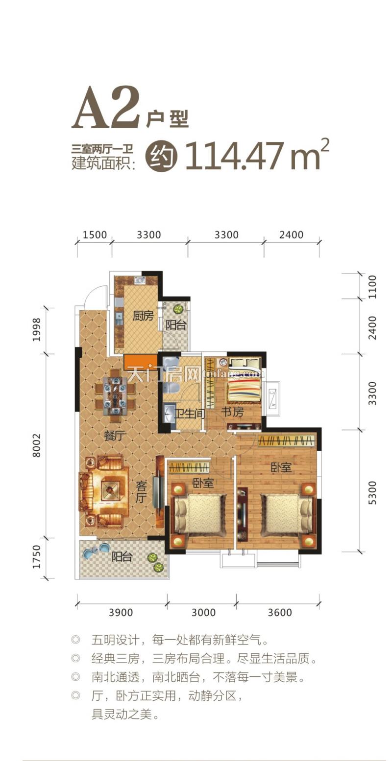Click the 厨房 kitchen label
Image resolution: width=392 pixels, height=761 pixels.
pyautogui.click(x=143, y=316)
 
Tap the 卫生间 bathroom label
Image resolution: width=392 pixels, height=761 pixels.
pyautogui.click(x=190, y=414)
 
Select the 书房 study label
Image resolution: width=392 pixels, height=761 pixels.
pyautogui.click(x=232, y=412)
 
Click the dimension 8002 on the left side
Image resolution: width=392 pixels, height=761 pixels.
pyautogui.click(x=37, y=445)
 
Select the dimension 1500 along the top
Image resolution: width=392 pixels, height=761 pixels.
pyautogui.click(x=95, y=235)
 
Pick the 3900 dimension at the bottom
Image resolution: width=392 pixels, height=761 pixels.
pyautogui.click(x=121, y=612)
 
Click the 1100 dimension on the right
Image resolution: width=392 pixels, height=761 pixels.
pyautogui.click(x=373, y=287)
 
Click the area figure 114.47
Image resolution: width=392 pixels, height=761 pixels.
pyautogui.click(x=235, y=156)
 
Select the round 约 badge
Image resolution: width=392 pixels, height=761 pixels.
pyautogui.click(x=162, y=156)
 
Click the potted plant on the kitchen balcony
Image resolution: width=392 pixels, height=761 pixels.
pyautogui.click(x=177, y=309)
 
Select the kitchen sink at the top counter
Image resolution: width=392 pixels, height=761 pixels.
pyautogui.click(x=140, y=280)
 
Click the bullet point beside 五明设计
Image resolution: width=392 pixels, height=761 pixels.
pyautogui.click(x=75, y=640)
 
